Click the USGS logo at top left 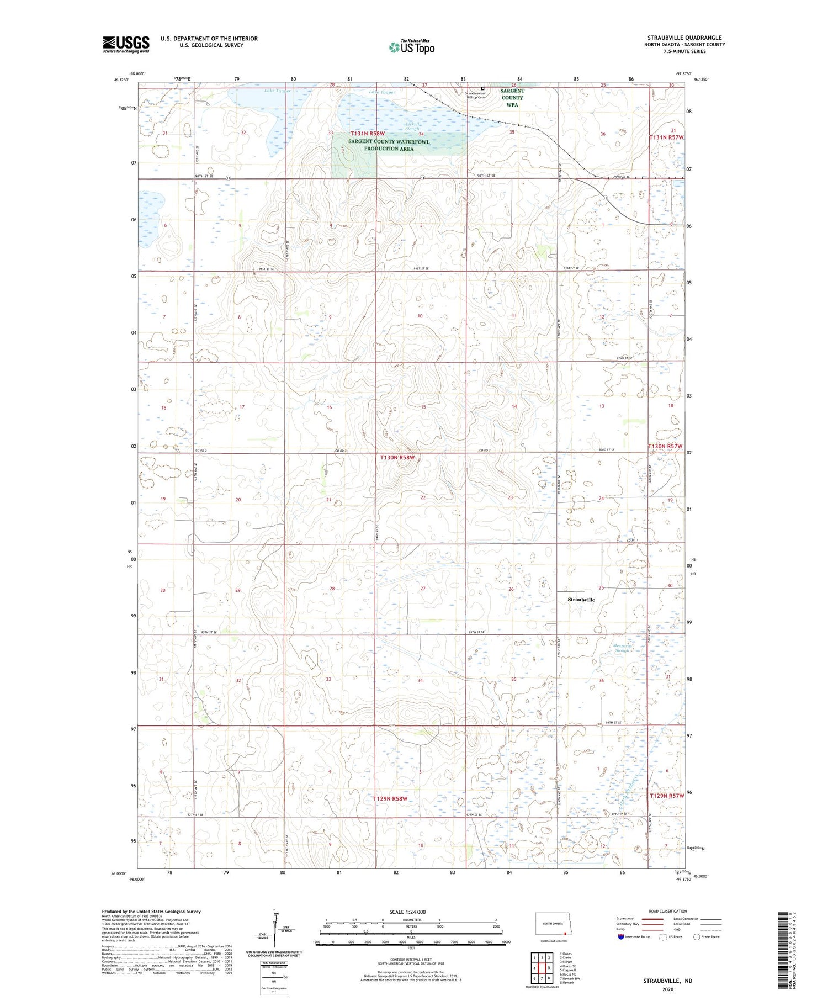pyautogui.click(x=126, y=44)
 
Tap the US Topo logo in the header pyautogui.click(x=412, y=47)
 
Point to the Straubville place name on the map pyautogui.click(x=581, y=599)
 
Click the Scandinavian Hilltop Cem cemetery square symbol pyautogui.click(x=482, y=88)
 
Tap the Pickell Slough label pyautogui.click(x=412, y=126)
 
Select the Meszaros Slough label pyautogui.click(x=622, y=648)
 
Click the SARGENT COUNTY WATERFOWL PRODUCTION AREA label pyautogui.click(x=389, y=145)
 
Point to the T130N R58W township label pyautogui.click(x=396, y=458)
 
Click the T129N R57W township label pyautogui.click(x=666, y=796)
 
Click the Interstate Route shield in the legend pyautogui.click(x=621, y=936)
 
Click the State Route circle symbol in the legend pyautogui.click(x=697, y=936)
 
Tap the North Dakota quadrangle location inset pyautogui.click(x=554, y=924)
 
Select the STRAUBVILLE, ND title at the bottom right pyautogui.click(x=667, y=981)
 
